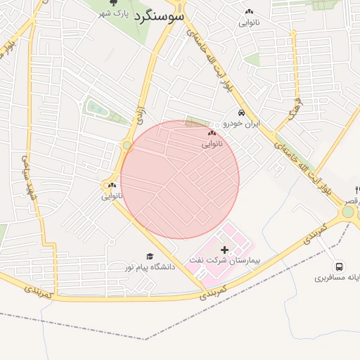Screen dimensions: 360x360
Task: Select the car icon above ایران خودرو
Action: point(241,113)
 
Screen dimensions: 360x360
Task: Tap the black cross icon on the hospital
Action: point(225,250)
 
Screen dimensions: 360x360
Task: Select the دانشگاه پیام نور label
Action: point(148,267)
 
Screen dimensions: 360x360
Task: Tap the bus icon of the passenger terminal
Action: point(340,266)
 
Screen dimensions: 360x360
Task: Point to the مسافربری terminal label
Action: point(338,278)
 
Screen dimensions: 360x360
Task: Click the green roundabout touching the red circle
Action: point(127,146)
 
